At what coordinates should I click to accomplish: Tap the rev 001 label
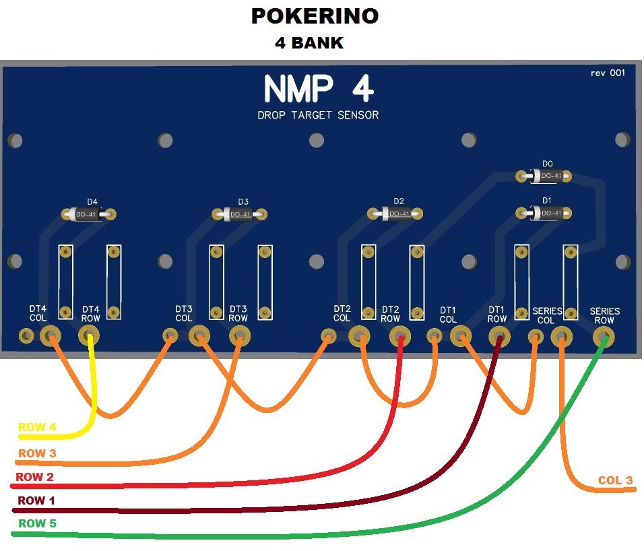(607, 73)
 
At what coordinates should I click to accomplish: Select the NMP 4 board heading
(318, 89)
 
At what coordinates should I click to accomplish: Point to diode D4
(89, 214)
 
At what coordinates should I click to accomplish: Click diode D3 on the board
(240, 214)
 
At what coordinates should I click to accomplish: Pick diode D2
(397, 214)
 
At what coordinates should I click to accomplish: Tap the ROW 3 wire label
(37, 453)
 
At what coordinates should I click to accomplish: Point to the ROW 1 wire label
(36, 500)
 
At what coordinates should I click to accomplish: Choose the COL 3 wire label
(615, 480)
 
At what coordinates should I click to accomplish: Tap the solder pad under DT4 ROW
(89, 335)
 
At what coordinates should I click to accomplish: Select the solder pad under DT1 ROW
(498, 335)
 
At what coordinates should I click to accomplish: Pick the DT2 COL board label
(342, 313)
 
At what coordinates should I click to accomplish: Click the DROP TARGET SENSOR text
(318, 115)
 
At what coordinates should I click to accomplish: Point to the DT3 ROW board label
(238, 313)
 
